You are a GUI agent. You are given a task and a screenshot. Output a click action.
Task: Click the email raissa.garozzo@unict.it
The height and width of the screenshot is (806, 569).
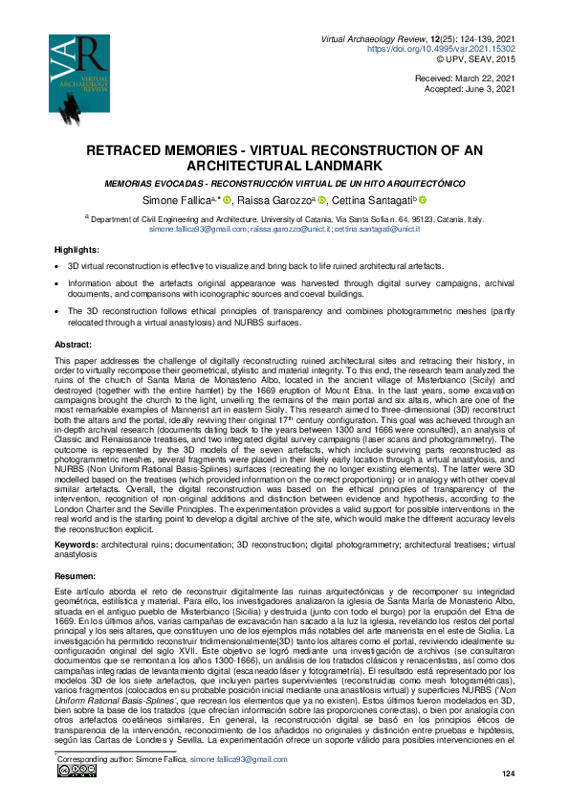291,230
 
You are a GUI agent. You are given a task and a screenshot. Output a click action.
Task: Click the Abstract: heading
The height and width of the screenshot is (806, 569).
73,343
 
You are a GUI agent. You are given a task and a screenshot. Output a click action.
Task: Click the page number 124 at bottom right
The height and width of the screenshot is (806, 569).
508,772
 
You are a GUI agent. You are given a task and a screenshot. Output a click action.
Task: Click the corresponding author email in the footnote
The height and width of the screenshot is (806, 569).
238,758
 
